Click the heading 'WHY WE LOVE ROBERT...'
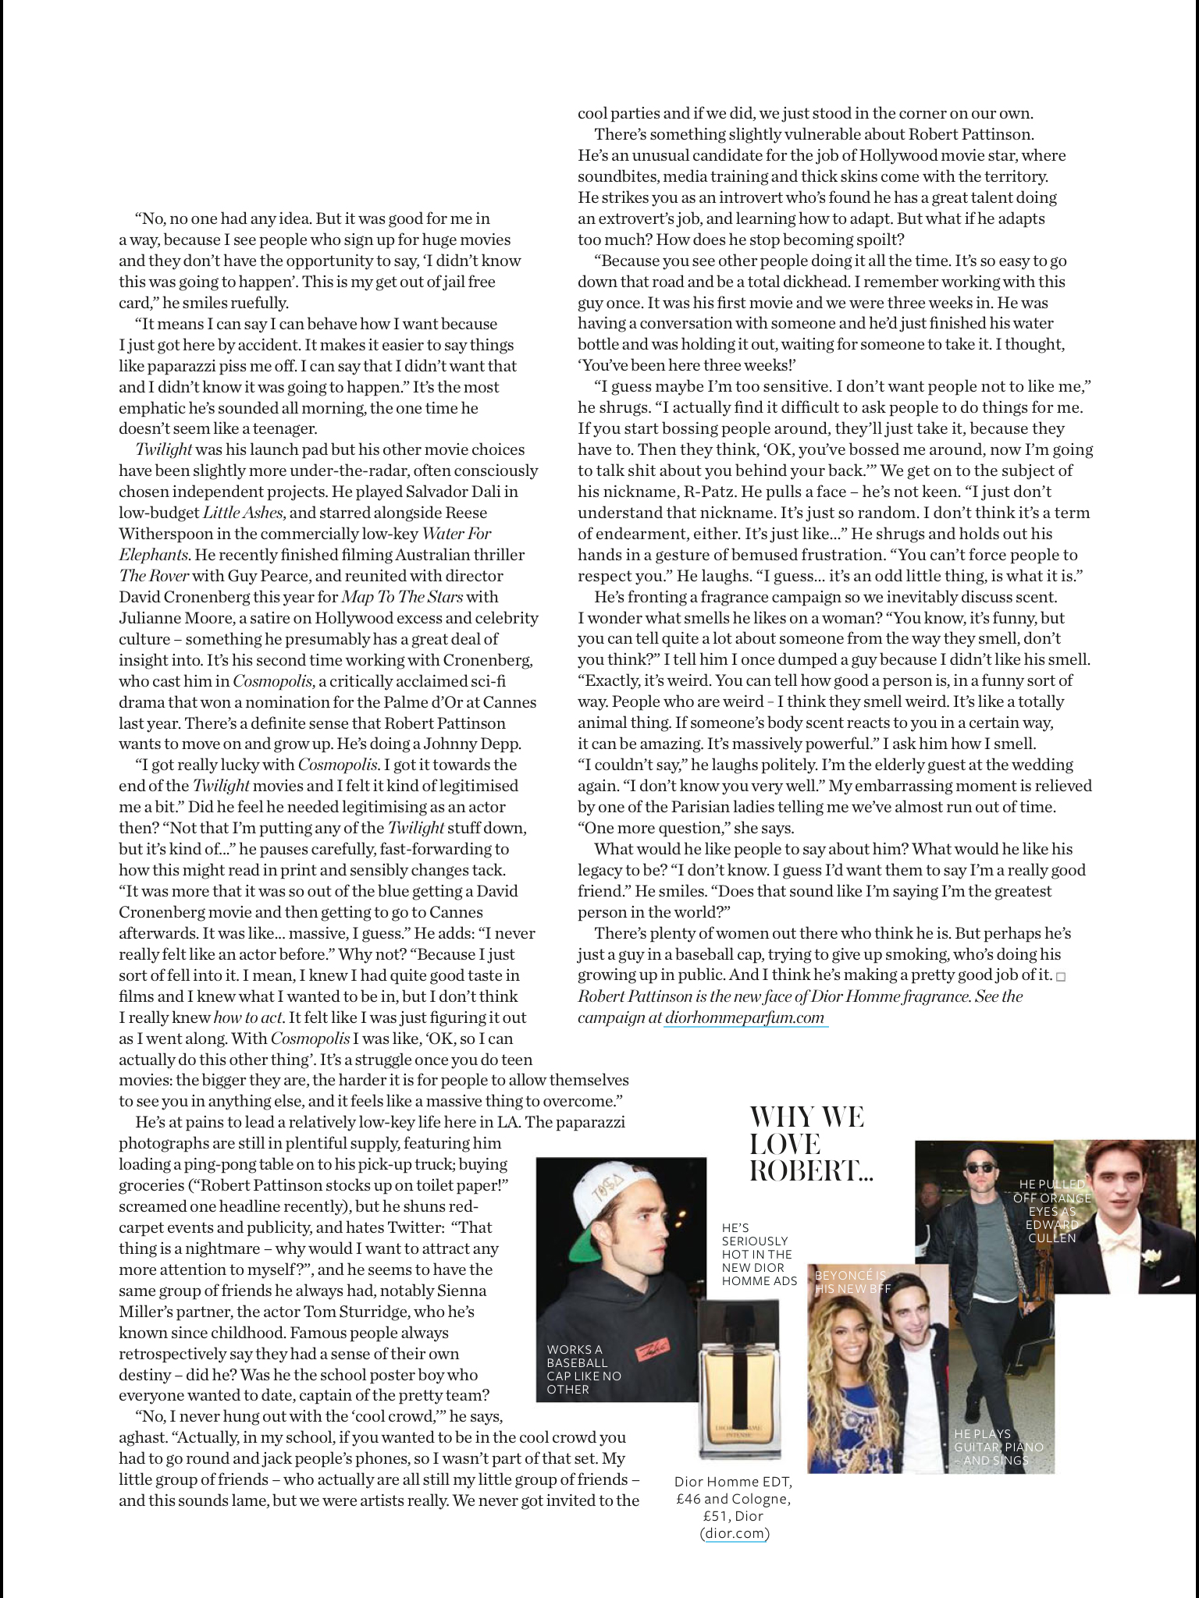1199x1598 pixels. click(807, 1144)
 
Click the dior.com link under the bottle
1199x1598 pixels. click(735, 1533)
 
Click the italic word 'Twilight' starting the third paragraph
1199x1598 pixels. click(163, 449)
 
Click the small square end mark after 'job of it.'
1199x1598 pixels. click(1060, 977)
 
